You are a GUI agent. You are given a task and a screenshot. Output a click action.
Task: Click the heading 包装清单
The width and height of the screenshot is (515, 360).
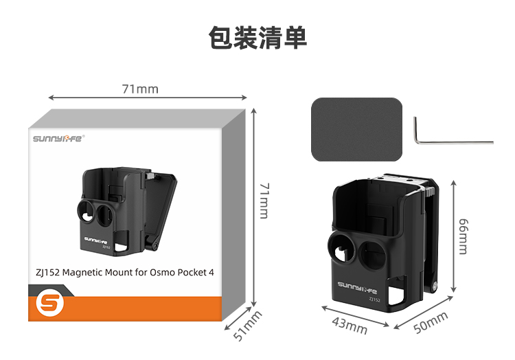tap(257, 38)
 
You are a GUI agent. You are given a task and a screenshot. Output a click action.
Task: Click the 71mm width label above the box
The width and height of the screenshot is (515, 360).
tap(139, 89)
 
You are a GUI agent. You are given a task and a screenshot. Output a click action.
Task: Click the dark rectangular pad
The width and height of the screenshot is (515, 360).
tap(356, 129)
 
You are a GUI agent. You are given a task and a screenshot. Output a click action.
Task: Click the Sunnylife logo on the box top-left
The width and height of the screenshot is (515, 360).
tap(58, 138)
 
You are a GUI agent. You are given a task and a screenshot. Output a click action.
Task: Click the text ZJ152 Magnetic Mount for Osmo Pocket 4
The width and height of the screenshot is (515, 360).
tap(124, 272)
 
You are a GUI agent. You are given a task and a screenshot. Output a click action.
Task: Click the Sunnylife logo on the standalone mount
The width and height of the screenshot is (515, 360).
tap(360, 284)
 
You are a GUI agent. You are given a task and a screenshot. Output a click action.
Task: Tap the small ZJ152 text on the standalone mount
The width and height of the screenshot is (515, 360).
tap(374, 299)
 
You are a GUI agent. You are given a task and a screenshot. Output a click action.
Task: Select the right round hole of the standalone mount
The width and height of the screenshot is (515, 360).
tap(375, 254)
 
